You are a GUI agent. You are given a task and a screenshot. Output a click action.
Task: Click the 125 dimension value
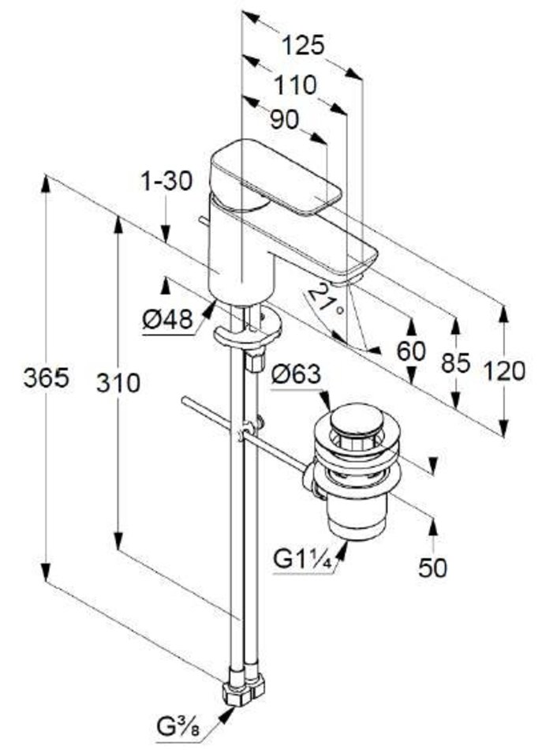pos(304,46)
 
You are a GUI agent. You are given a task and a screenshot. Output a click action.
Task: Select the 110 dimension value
pos(295,84)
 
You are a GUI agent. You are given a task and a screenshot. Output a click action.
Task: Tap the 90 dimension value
pos(284,120)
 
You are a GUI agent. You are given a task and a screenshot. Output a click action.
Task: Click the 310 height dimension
pos(117,383)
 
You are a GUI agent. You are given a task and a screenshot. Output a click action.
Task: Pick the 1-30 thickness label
pos(166,182)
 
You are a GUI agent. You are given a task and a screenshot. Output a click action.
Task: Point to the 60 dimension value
pos(411,351)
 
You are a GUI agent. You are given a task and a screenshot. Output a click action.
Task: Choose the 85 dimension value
pos(455,364)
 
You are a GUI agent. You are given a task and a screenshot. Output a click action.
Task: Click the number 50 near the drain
pos(432,567)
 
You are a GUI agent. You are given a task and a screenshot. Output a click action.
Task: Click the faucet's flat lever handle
pos(276,178)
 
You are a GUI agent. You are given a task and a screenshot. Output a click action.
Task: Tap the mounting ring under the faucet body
pos(246,332)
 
